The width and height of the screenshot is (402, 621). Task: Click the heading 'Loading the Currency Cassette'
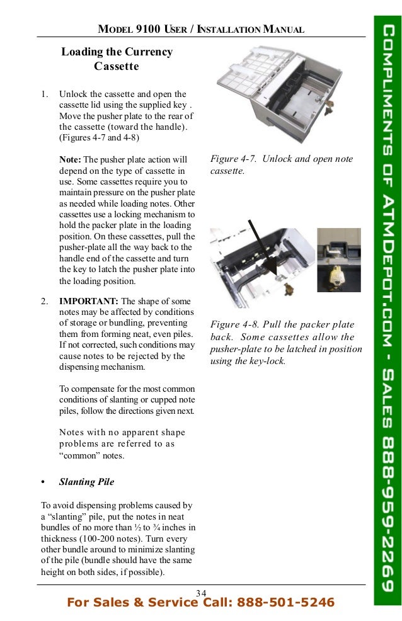pos(117,59)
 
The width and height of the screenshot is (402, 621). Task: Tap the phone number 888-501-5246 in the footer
pos(285,603)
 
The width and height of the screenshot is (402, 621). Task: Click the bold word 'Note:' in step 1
pos(70,159)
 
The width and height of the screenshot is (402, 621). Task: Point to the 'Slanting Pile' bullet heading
pos(86,482)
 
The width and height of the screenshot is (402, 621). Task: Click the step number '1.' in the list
pos(45,94)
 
